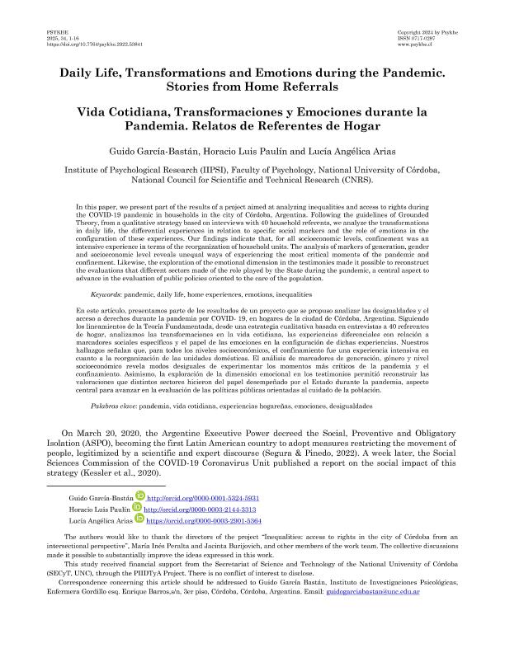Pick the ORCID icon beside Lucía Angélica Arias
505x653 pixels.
139,521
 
